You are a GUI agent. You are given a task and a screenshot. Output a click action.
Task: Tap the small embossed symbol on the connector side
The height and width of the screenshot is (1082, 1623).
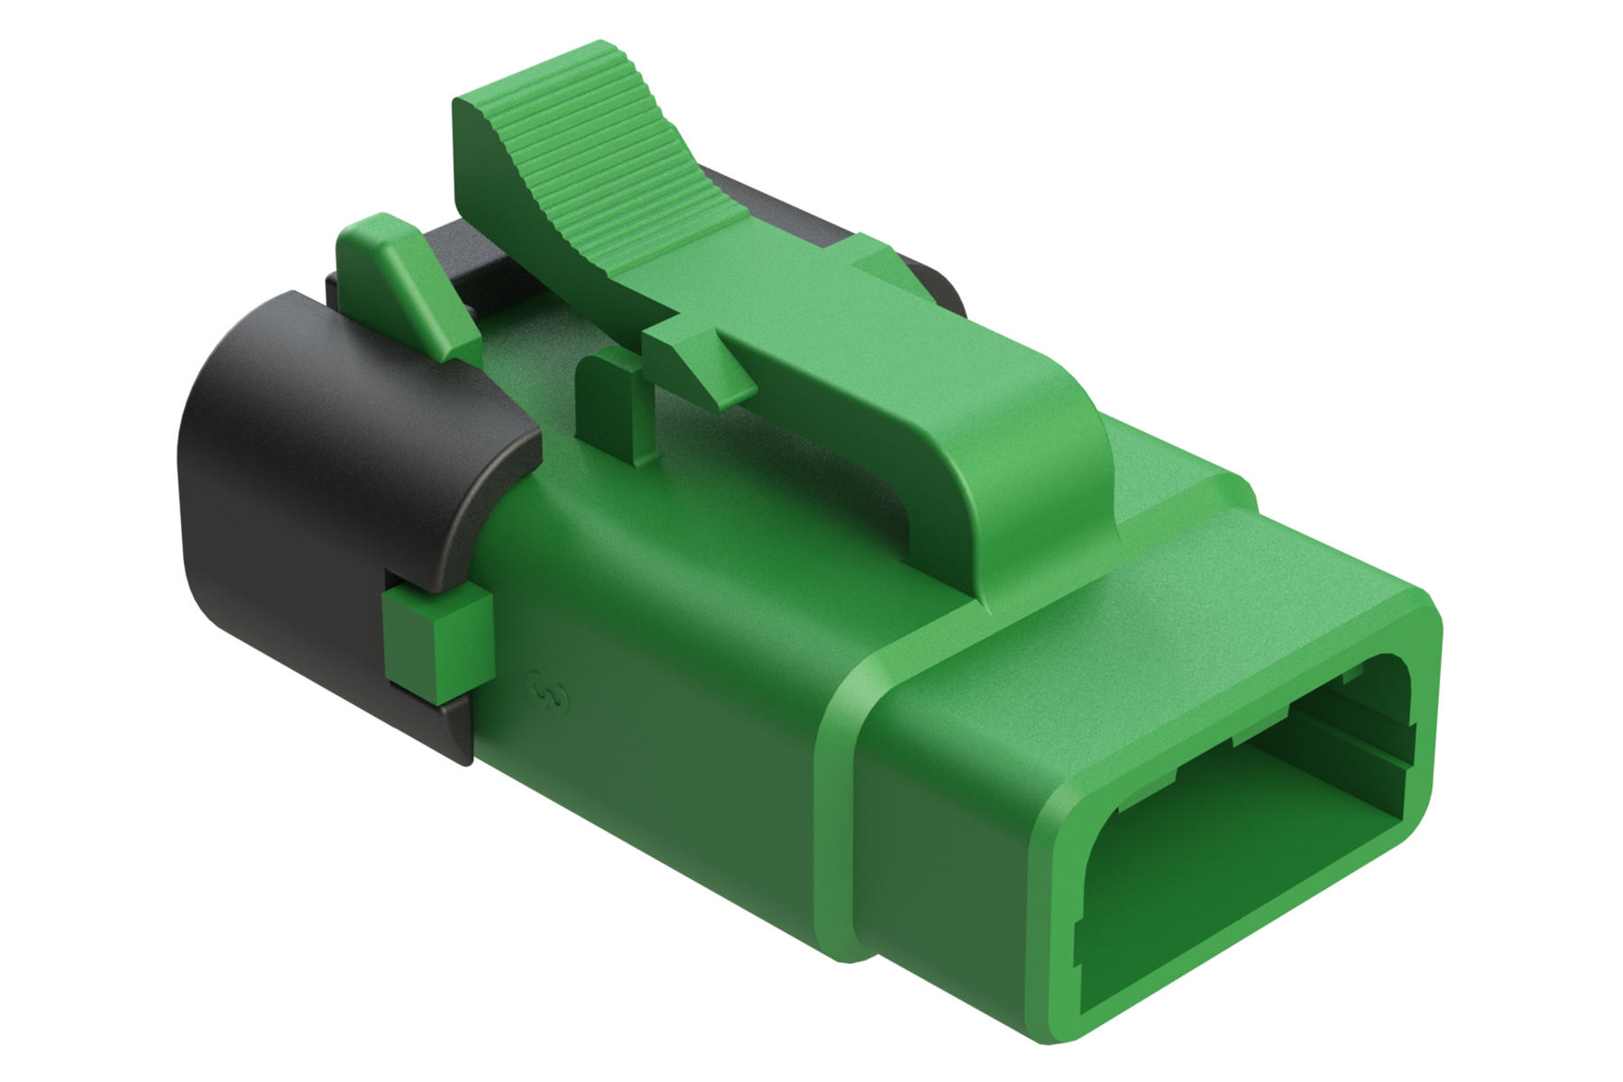(x=548, y=690)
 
